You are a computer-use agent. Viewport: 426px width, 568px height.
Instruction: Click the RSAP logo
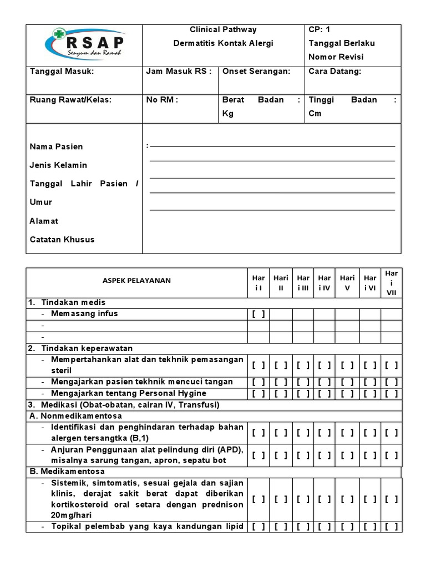pyautogui.click(x=84, y=44)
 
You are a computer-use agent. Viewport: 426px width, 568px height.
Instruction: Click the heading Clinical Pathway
pyautogui.click(x=223, y=29)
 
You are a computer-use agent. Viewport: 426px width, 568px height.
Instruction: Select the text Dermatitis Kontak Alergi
pyautogui.click(x=223, y=43)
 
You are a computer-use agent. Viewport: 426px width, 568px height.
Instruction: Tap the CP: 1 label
pyautogui.click(x=319, y=29)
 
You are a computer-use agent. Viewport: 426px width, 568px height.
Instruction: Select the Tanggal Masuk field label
pyautogui.click(x=62, y=71)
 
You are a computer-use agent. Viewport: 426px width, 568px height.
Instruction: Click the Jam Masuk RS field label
pyautogui.click(x=179, y=71)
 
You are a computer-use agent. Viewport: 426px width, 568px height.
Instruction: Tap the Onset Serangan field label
pyautogui.click(x=256, y=71)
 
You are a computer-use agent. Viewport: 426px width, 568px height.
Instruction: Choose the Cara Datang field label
pyautogui.click(x=334, y=71)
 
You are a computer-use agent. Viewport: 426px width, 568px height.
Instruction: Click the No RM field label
pyautogui.click(x=162, y=100)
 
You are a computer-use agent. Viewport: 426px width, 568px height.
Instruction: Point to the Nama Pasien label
pyautogui.click(x=56, y=146)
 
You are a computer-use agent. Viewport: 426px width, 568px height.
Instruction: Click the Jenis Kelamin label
pyautogui.click(x=58, y=165)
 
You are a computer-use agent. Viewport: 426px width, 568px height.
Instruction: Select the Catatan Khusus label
pyautogui.click(x=62, y=240)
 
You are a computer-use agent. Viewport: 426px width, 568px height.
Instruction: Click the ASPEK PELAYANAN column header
pyautogui.click(x=136, y=281)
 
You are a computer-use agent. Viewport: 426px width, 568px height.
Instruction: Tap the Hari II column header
pyautogui.click(x=281, y=282)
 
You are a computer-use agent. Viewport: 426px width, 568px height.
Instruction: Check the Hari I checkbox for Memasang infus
pyautogui.click(x=258, y=314)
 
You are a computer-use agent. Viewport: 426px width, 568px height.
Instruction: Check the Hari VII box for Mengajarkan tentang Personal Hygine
pyautogui.click(x=392, y=393)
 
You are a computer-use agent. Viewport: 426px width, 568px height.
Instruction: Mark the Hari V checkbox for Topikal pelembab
pyautogui.click(x=348, y=526)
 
